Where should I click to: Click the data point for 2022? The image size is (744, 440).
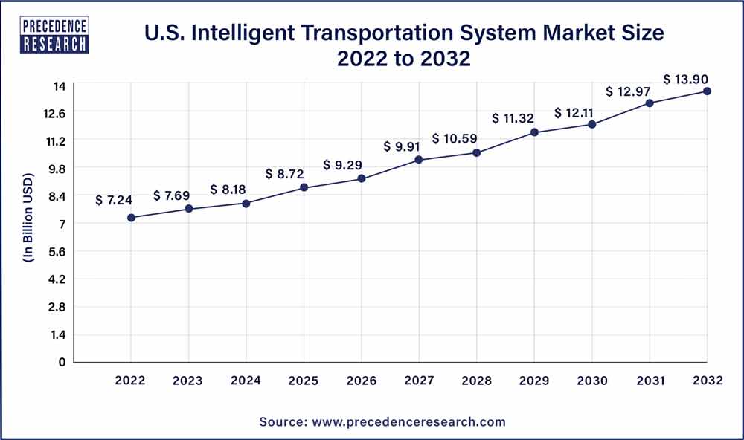[131, 218]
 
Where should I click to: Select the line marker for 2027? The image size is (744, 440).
[419, 160]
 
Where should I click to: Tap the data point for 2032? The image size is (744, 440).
[707, 91]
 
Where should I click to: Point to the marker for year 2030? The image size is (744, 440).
[592, 124]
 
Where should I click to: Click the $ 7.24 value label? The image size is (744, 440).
[114, 201]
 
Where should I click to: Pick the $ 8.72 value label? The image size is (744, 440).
[284, 174]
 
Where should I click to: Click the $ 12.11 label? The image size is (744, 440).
[573, 113]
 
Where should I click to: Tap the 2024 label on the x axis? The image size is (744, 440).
[246, 381]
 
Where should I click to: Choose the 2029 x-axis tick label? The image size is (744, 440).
[534, 381]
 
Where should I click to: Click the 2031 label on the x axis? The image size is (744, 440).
[650, 381]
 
